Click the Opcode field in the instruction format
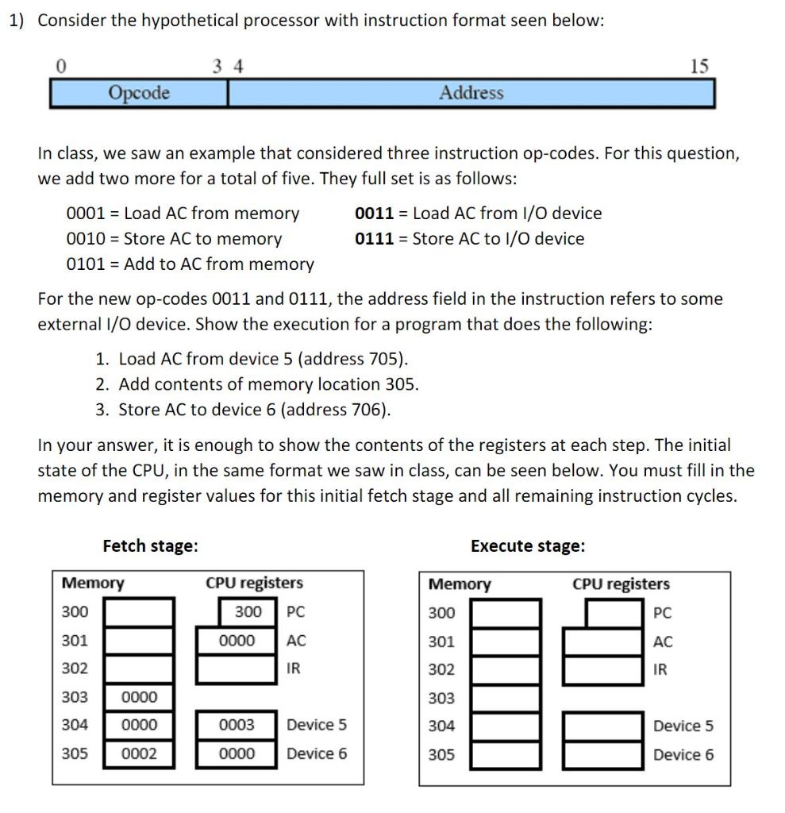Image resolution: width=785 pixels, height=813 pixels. click(x=139, y=93)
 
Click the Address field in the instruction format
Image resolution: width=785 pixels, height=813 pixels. click(x=471, y=93)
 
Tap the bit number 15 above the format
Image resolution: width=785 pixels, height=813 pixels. click(x=698, y=66)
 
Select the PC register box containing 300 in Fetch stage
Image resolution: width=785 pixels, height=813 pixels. click(x=248, y=612)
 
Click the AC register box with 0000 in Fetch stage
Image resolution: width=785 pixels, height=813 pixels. click(x=237, y=641)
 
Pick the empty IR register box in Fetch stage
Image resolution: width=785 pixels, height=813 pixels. click(x=237, y=669)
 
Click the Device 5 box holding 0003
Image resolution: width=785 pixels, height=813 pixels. click(x=237, y=725)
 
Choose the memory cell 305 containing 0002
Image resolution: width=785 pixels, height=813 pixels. click(x=139, y=753)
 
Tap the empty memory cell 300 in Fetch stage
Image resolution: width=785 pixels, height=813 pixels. click(x=139, y=612)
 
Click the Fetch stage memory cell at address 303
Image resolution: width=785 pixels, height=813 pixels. click(x=139, y=697)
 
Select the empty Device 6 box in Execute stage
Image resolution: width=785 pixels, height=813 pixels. click(x=603, y=754)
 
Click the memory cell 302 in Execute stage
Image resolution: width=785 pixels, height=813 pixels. click(x=506, y=670)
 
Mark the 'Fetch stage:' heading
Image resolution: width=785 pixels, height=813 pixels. click(x=150, y=545)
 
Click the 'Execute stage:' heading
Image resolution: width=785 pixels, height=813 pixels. click(x=527, y=545)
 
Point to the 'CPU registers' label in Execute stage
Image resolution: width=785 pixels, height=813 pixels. click(x=621, y=584)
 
